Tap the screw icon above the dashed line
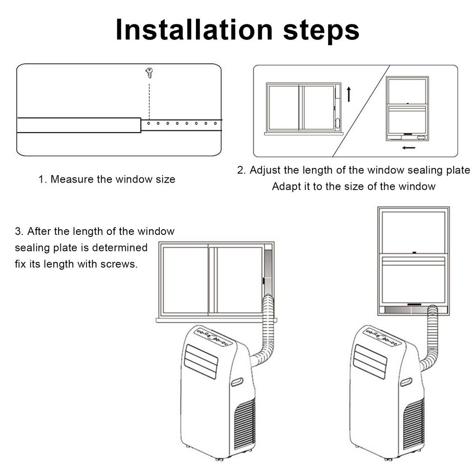(149, 73)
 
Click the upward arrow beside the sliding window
(349, 94)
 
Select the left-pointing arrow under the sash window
(408, 147)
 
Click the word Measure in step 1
(69, 179)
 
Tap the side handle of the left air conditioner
(236, 382)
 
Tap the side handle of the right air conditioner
(406, 382)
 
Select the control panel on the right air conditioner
(383, 337)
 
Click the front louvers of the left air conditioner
(201, 361)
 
